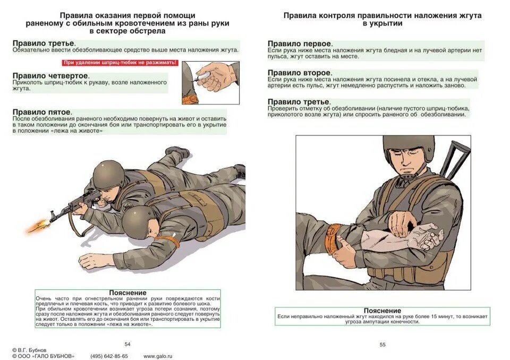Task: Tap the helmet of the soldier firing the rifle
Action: pyautogui.click(x=108, y=174)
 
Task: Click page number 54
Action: pyautogui.click(x=127, y=344)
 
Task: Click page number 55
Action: pyautogui.click(x=382, y=344)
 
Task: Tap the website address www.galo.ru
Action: pyautogui.click(x=158, y=356)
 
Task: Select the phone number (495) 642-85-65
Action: pyautogui.click(x=109, y=356)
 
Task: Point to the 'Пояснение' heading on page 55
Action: pyautogui.click(x=382, y=311)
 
